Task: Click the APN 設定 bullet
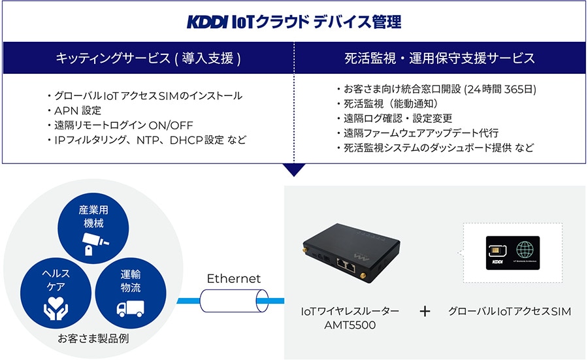(78, 110)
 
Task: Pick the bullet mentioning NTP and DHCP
(150, 140)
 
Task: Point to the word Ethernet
(234, 279)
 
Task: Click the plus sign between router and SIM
(425, 312)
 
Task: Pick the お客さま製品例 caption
(92, 339)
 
